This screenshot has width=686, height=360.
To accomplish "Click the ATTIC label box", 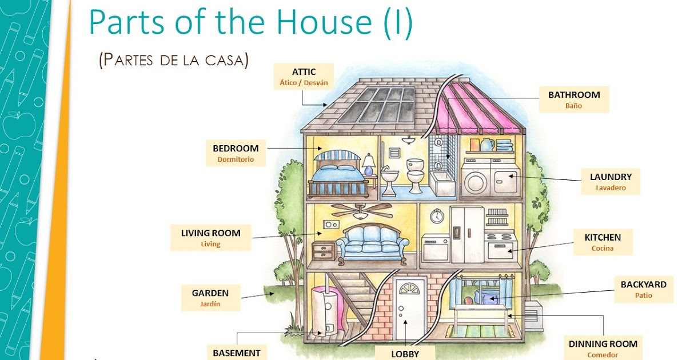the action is pyautogui.click(x=304, y=77).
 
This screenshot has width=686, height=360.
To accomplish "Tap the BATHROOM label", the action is pyautogui.click(x=574, y=99).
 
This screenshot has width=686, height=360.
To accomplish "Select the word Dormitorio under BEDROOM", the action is pyautogui.click(x=236, y=159).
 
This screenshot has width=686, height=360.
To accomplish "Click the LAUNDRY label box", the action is pyautogui.click(x=611, y=182).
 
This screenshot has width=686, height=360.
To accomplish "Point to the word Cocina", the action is pyautogui.click(x=603, y=248).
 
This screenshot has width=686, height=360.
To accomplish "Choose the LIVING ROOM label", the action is pyautogui.click(x=211, y=238).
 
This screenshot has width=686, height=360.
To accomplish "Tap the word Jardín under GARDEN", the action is pyautogui.click(x=210, y=304).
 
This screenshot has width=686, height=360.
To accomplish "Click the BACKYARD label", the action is pyautogui.click(x=644, y=290).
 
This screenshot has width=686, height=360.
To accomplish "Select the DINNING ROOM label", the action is pyautogui.click(x=603, y=348).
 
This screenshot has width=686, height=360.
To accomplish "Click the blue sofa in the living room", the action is pyautogui.click(x=372, y=243).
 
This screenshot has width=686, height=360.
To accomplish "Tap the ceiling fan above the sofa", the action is pyautogui.click(x=361, y=211).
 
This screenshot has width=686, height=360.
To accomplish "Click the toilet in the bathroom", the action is pyautogui.click(x=415, y=176).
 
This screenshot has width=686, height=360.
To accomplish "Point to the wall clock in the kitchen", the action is pyautogui.click(x=437, y=216).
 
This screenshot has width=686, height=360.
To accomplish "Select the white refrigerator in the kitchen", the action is pyautogui.click(x=467, y=234).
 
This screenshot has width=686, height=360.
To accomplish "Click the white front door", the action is pyautogui.click(x=409, y=308).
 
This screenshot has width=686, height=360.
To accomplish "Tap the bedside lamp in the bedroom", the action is pyautogui.click(x=369, y=165).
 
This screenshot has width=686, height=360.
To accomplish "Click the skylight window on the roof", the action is pyautogui.click(x=377, y=105).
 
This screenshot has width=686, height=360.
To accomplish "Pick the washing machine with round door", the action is pyautogui.click(x=476, y=178).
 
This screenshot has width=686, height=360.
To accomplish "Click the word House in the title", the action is pyautogui.click(x=324, y=22).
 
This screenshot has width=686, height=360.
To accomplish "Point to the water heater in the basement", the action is pyautogui.click(x=325, y=310).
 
